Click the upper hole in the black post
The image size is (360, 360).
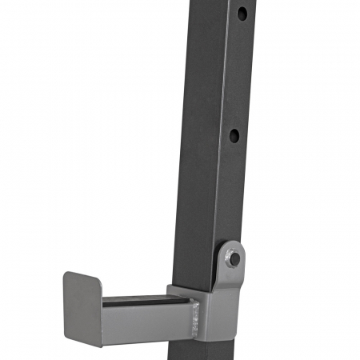point(241,14)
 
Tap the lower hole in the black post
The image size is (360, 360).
point(234,135)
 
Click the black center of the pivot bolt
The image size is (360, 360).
point(233,258)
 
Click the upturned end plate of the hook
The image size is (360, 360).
point(82,308)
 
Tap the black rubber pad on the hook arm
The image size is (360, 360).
point(144,302)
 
